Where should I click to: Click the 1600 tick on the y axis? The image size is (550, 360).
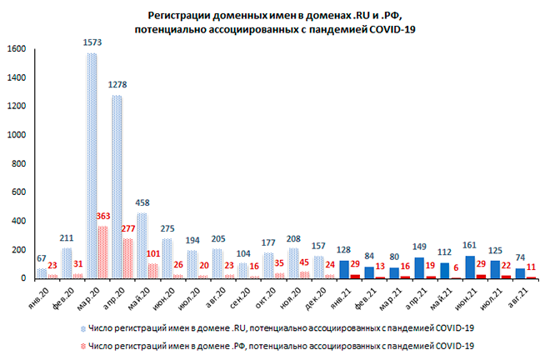point(18,49)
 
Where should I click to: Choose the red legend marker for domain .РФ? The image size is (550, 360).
point(83,343)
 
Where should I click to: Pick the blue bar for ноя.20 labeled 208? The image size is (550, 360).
point(292,264)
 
